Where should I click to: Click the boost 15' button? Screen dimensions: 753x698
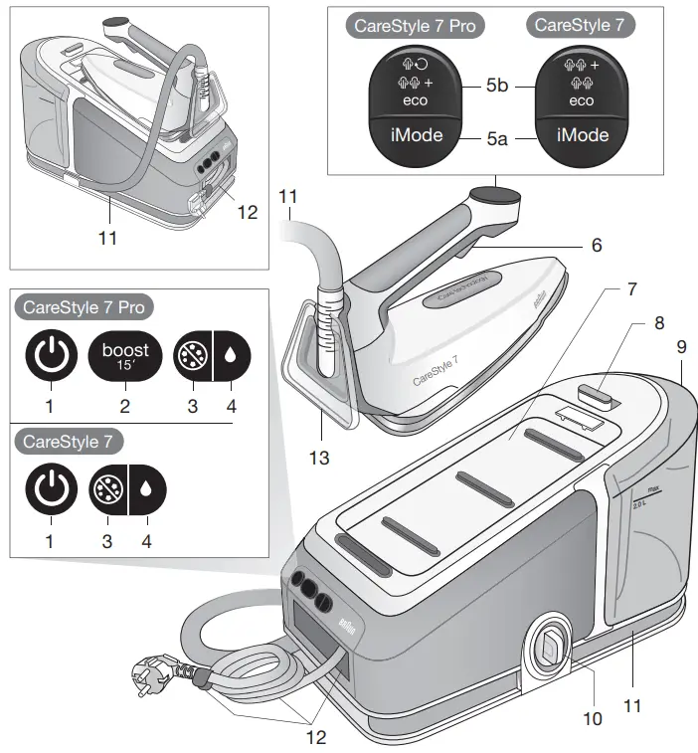125,355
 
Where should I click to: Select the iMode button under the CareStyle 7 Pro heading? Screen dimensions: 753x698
411,134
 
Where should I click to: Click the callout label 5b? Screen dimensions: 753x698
497,88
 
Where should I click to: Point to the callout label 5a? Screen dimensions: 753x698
497,140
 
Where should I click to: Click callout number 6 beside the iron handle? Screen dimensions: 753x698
596,244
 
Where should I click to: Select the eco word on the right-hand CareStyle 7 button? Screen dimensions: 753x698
582,100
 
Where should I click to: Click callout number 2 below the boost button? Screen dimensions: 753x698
125,406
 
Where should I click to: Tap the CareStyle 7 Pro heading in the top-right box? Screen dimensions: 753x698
411,26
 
